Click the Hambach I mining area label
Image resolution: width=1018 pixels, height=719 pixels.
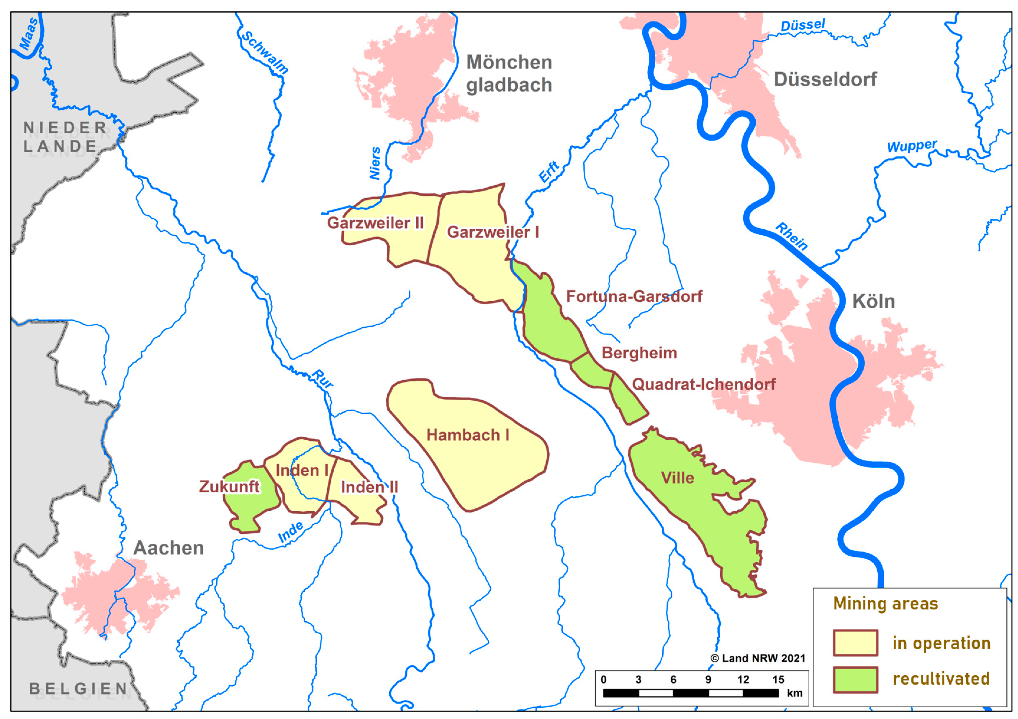pos(467,435)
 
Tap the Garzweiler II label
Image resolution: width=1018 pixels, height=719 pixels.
pos(375,223)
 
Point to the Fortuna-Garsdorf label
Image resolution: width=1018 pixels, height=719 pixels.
pos(634,297)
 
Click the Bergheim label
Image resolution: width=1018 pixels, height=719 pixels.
pos(639,353)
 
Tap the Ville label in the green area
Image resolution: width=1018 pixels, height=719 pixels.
pos(677,478)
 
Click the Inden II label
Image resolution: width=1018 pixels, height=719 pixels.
pos(369,488)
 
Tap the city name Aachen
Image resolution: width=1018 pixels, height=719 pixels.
pos(168,548)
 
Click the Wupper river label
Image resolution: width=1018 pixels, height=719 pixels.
pos(912,146)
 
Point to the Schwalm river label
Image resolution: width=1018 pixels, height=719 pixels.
pos(265,52)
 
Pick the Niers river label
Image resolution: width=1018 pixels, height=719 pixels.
pos(375,164)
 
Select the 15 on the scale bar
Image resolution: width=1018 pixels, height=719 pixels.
pos(778,680)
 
